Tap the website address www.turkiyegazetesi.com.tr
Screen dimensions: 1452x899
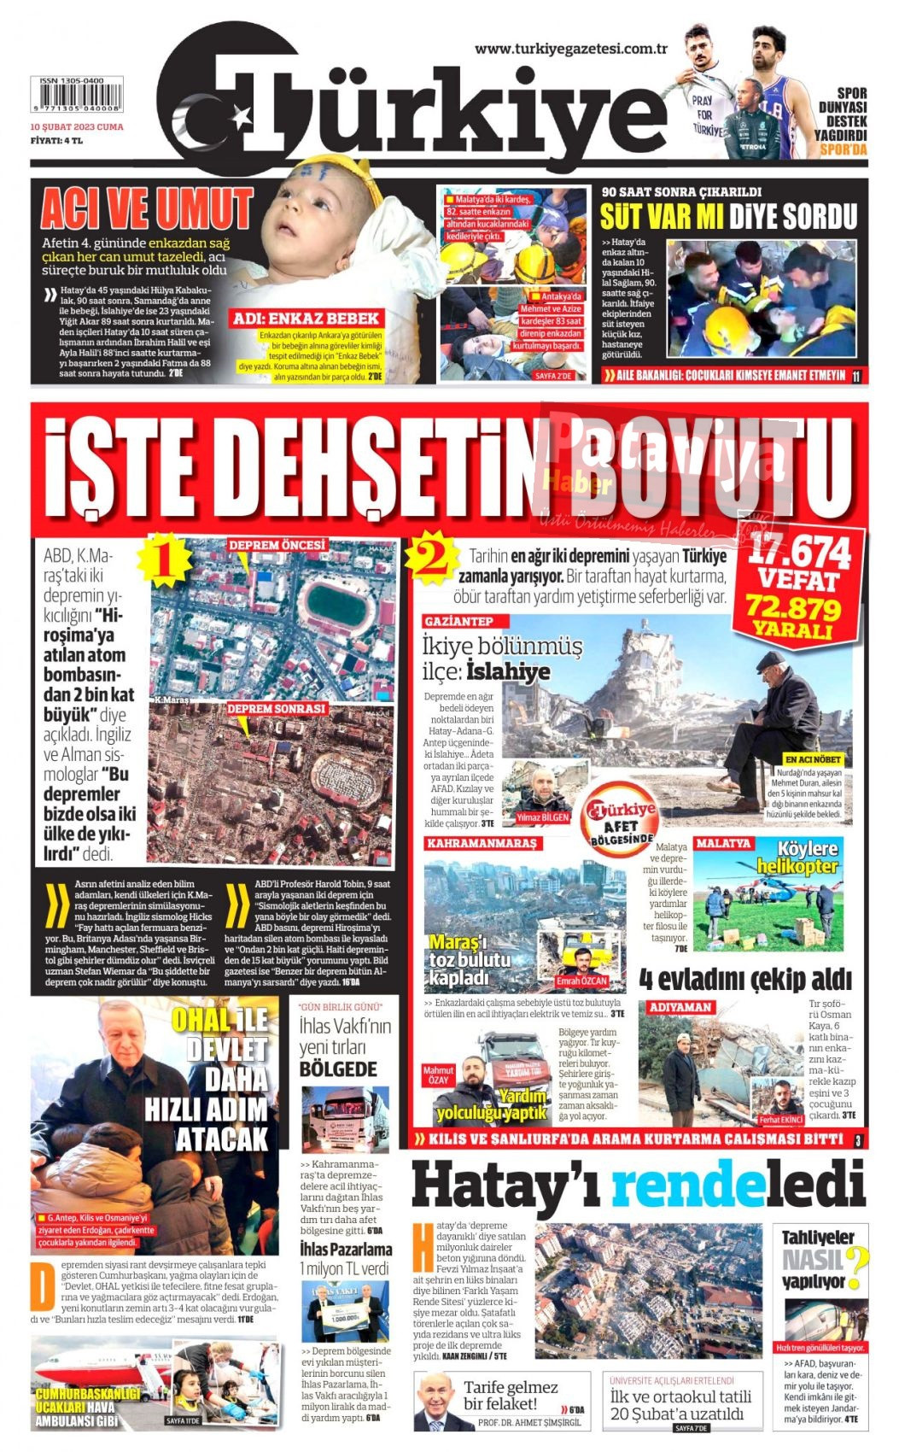click(570, 49)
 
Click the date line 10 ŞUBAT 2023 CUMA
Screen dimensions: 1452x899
click(77, 126)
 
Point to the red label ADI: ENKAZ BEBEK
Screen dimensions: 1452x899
click(306, 319)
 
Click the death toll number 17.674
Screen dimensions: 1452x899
click(800, 554)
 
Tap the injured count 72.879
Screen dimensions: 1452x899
click(793, 608)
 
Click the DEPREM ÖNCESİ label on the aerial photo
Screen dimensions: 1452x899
click(276, 545)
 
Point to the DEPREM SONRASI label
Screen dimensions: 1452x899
click(276, 708)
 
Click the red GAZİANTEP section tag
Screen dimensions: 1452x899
click(458, 621)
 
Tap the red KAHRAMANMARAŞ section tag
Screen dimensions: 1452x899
click(482, 843)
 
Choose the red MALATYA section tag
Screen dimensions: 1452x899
click(723, 843)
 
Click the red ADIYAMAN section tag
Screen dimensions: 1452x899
click(680, 1007)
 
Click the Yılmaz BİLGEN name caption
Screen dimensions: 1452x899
click(542, 817)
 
